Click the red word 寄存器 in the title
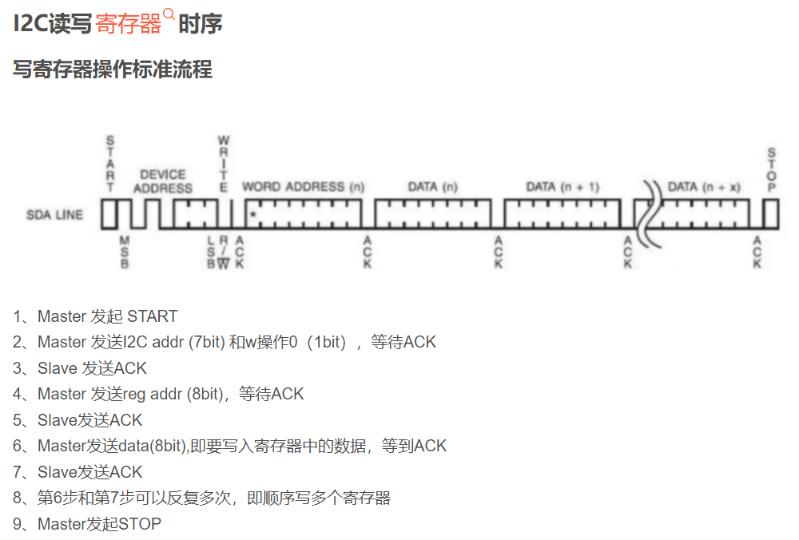(129, 24)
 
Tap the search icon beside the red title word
(169, 14)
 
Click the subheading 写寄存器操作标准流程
(113, 69)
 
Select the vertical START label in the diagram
(110, 163)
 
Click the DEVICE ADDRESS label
(162, 181)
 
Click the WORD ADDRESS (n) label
(303, 187)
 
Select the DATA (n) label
(433, 187)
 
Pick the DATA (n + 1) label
(562, 187)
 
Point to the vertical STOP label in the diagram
(771, 169)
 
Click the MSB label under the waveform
(124, 252)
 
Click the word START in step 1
(152, 316)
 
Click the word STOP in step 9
(140, 524)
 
